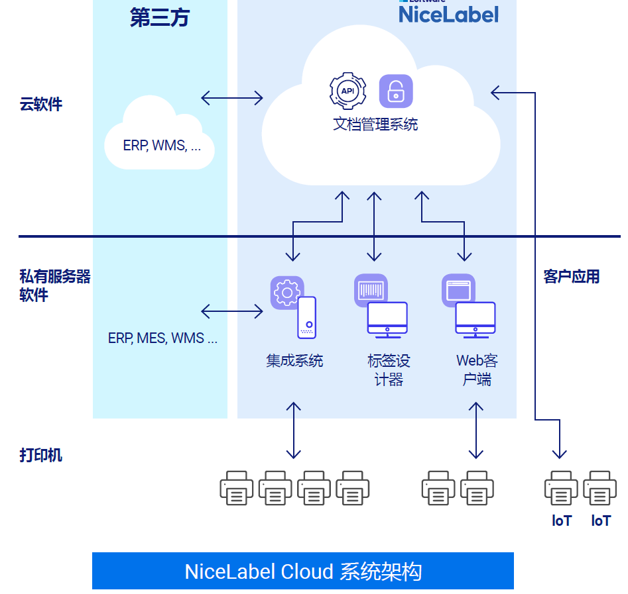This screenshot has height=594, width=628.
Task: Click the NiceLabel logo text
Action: (x=448, y=14)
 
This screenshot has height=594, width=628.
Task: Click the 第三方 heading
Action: (x=159, y=18)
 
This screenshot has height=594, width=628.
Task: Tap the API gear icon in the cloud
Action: (x=347, y=91)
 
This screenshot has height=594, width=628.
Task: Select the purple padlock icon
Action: (x=396, y=91)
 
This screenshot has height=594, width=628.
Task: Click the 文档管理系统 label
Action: (x=375, y=124)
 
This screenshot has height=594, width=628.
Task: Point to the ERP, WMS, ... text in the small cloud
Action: (x=162, y=146)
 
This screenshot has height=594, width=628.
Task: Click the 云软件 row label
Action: (x=41, y=104)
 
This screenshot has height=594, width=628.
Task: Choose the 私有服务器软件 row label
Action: (x=54, y=285)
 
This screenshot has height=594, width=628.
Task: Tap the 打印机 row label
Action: (x=41, y=455)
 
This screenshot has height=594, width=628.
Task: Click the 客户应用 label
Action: (x=571, y=277)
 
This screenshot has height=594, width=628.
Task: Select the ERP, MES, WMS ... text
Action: (x=162, y=338)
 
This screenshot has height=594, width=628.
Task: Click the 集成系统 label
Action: (x=294, y=361)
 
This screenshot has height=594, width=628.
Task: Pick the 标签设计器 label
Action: (x=389, y=370)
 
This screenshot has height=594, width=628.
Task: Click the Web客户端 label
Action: (x=477, y=370)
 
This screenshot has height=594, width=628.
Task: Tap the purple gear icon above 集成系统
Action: (x=287, y=293)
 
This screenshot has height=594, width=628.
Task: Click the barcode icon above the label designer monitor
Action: (x=371, y=290)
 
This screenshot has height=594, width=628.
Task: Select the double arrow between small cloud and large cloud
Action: (x=231, y=98)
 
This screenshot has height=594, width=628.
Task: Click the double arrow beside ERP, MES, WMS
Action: (x=231, y=311)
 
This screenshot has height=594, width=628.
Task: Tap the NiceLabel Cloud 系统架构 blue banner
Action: (x=303, y=571)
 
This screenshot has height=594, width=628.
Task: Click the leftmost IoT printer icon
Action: (x=561, y=489)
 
